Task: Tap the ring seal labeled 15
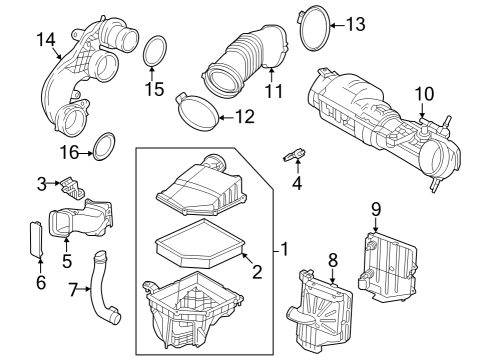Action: click(x=155, y=52)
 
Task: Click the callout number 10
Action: click(x=424, y=93)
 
